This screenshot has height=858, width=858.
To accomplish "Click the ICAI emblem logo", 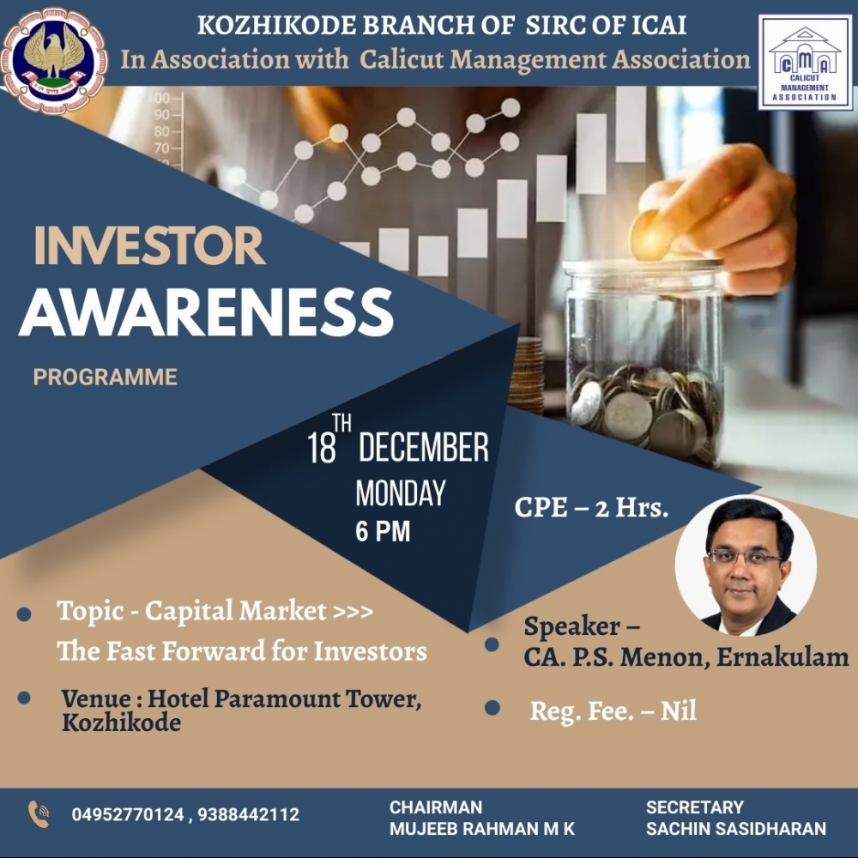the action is click(x=54, y=60).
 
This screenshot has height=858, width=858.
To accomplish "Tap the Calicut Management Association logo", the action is click(x=805, y=63).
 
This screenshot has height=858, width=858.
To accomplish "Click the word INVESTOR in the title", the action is click(x=149, y=245).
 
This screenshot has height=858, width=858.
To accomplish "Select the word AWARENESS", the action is click(x=206, y=312).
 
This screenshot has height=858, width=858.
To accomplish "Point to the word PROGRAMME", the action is click(x=105, y=377).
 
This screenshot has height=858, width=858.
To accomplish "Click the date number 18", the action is click(x=321, y=448).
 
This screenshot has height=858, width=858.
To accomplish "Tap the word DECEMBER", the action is click(x=424, y=447).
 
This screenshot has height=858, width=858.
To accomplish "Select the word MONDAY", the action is click(x=401, y=493).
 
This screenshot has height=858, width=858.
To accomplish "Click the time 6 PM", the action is click(x=383, y=531).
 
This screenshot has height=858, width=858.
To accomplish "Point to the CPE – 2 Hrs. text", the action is click(x=591, y=508).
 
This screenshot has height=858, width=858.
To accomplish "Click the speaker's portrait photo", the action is click(x=746, y=565).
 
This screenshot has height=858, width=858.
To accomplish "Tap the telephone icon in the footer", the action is click(x=39, y=814).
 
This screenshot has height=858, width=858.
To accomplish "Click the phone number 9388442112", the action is click(x=249, y=814).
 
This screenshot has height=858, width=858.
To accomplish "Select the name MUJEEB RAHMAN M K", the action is click(x=482, y=829).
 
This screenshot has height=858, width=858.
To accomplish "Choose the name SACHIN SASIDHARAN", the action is click(x=736, y=829).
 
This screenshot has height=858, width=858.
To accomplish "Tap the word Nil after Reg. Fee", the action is click(x=679, y=710).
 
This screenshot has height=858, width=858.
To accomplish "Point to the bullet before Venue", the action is click(x=24, y=698).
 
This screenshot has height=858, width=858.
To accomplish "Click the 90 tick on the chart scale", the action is click(x=162, y=115).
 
